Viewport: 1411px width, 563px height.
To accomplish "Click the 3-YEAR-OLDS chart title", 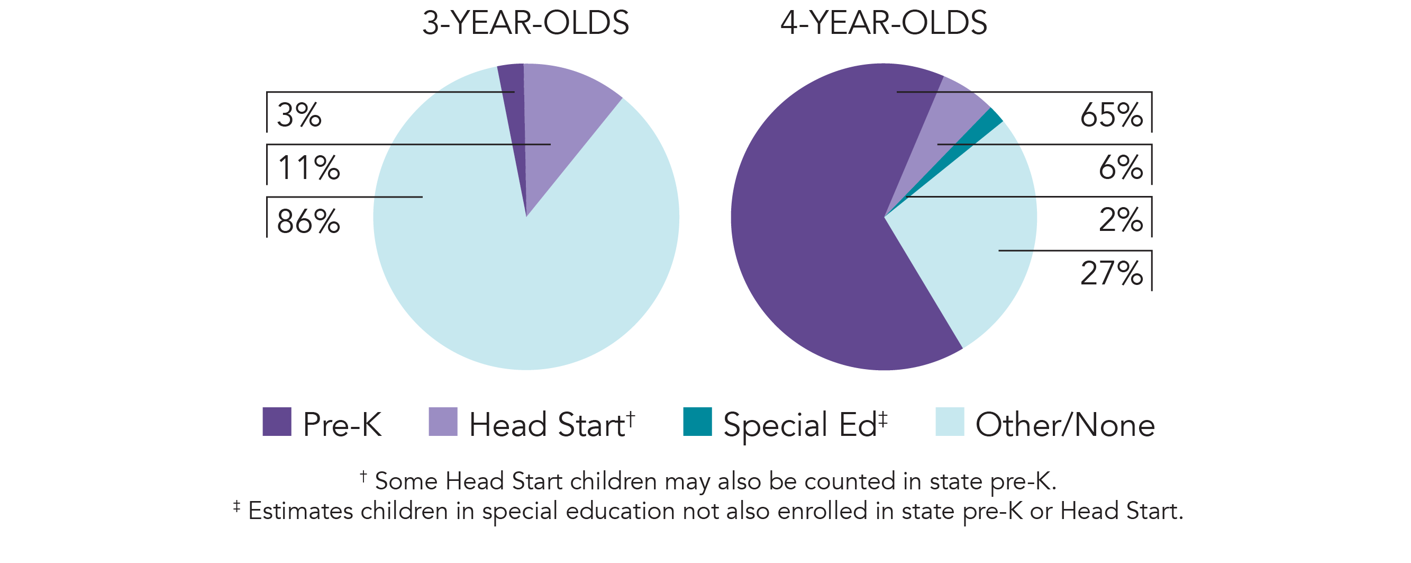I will (x=525, y=23).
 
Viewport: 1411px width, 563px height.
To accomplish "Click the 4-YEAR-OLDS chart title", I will (x=883, y=23).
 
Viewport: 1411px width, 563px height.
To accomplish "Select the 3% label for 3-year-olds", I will (x=299, y=115).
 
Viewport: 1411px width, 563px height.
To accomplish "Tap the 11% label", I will (x=308, y=168).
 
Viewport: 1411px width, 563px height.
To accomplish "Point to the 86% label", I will (x=308, y=221).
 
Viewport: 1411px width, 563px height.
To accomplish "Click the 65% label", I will (x=1112, y=115).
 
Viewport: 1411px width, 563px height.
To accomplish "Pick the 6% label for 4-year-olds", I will (x=1121, y=168).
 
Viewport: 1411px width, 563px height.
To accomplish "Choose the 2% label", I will (x=1121, y=220).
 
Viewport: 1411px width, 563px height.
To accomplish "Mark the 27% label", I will (x=1112, y=273).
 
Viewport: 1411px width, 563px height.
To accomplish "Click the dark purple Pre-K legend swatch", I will (x=277, y=422).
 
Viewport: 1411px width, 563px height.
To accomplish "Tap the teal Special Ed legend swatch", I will (x=697, y=422).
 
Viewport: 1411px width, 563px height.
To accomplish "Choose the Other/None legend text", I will (x=1065, y=424).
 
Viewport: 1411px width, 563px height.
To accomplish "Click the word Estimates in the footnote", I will (x=300, y=511).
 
